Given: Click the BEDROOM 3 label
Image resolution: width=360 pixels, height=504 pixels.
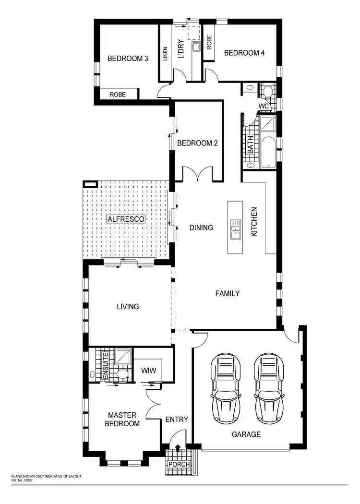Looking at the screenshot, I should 127,59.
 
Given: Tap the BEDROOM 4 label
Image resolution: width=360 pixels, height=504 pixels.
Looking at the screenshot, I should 244,53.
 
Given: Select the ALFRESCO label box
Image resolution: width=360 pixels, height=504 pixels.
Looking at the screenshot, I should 126,219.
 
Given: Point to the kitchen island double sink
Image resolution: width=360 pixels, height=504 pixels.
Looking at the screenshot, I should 236,229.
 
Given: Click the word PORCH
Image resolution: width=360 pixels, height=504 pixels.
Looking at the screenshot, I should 178,465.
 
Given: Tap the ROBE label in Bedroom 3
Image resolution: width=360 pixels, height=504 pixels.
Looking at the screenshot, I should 118,95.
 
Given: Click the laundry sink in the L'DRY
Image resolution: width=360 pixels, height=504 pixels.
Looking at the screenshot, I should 196,47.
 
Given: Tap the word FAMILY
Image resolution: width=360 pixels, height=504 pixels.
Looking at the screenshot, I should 227,293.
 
